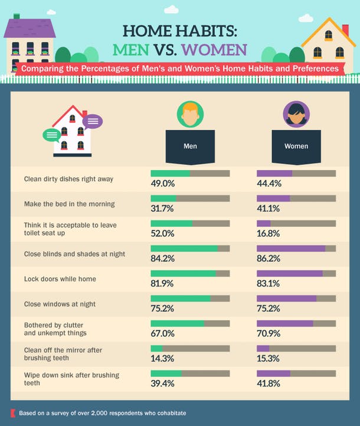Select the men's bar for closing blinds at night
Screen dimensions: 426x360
[x=190, y=249]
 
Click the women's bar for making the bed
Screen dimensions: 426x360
[x=296, y=199]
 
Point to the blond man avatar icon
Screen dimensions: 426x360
[x=190, y=113]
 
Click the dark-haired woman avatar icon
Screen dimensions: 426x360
[x=296, y=113]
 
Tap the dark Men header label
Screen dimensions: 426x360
[x=190, y=146]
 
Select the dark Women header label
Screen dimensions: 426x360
[x=296, y=146]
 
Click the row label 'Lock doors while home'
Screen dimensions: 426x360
[x=60, y=279]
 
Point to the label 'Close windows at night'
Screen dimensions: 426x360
[x=60, y=304]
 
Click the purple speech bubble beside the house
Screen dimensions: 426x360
[x=93, y=122]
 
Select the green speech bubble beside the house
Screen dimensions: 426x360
[x=52, y=135]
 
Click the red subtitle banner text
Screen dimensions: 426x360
[x=180, y=69]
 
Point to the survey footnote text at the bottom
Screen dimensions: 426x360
[x=103, y=413]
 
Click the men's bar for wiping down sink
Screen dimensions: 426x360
[x=190, y=374]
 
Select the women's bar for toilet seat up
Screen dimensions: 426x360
[x=296, y=224]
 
